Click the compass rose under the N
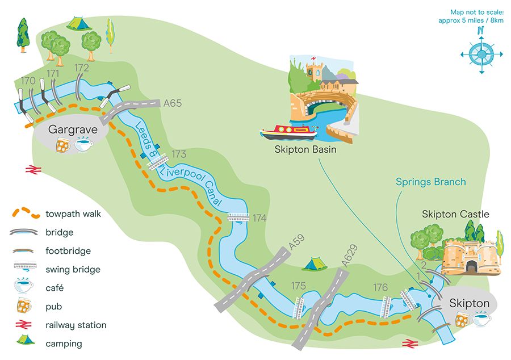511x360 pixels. click(x=481, y=55)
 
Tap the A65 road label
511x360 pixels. click(x=172, y=103)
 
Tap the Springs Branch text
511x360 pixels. click(x=431, y=182)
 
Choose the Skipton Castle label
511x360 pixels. click(x=455, y=214)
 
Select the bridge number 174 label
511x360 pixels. click(x=259, y=218)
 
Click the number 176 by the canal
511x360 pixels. click(x=380, y=287)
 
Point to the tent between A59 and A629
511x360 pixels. click(x=312, y=264)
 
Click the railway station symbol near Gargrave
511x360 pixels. click(x=31, y=169)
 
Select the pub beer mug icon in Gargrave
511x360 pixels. click(x=64, y=145)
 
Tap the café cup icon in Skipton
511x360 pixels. click(x=482, y=320)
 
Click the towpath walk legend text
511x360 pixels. click(x=73, y=214)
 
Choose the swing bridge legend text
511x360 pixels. click(x=73, y=269)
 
